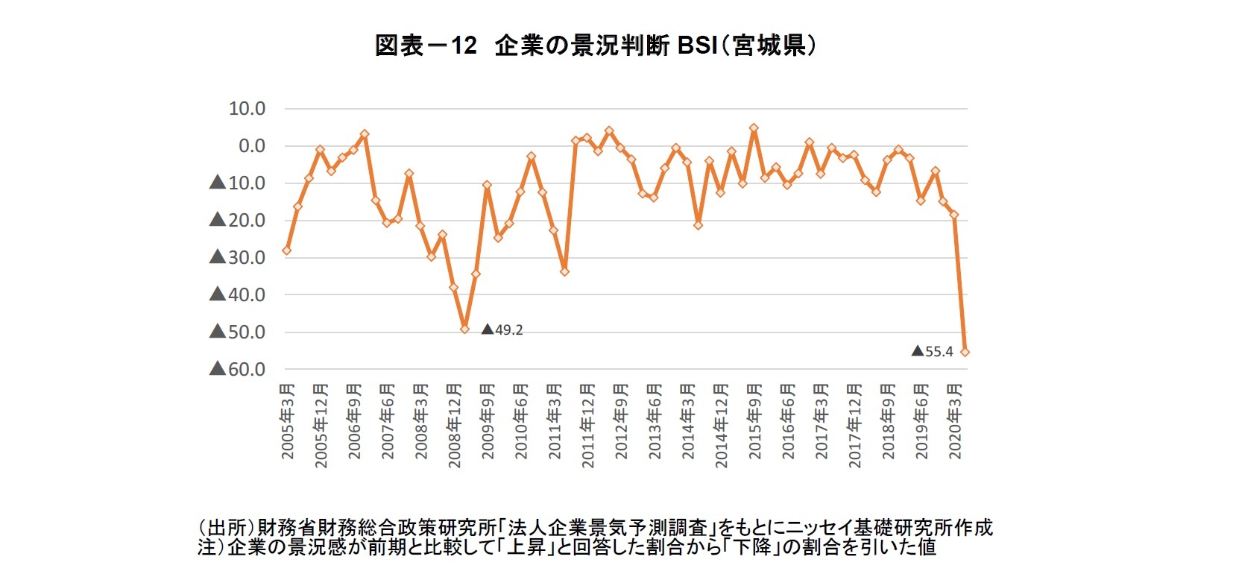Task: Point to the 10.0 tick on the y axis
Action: click(x=247, y=109)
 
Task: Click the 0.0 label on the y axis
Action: click(x=251, y=146)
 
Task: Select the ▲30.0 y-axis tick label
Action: click(x=238, y=257)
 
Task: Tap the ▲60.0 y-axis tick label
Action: click(x=238, y=369)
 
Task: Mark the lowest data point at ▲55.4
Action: click(x=965, y=352)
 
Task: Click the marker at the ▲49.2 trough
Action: click(x=464, y=329)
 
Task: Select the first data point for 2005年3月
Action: click(x=286, y=250)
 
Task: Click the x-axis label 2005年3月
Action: click(x=288, y=420)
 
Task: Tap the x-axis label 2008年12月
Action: click(x=455, y=426)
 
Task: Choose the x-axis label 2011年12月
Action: click(x=588, y=426)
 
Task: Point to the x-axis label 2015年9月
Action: click(x=755, y=420)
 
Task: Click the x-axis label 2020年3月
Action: click(x=955, y=420)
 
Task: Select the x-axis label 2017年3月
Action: click(x=822, y=420)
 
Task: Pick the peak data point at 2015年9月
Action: click(x=754, y=128)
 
